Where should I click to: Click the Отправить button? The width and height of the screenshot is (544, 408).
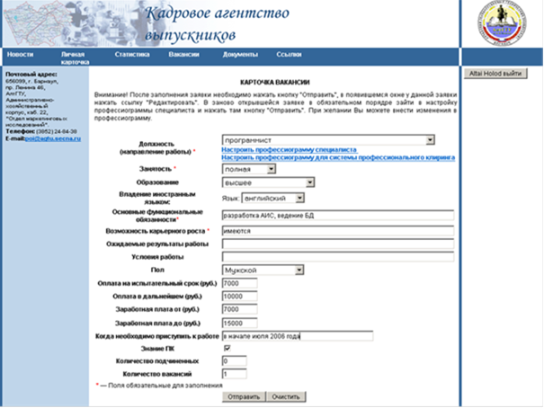(x=242, y=396)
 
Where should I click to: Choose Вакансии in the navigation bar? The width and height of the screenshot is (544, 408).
(x=183, y=55)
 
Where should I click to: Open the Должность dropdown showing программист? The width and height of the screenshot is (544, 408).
(x=328, y=140)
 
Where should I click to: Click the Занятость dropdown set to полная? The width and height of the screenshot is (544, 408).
(x=261, y=169)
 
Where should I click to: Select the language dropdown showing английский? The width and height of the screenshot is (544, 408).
(x=273, y=198)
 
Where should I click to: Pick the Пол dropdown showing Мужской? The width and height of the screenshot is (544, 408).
(x=262, y=270)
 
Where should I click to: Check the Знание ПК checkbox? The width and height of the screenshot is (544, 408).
(x=227, y=348)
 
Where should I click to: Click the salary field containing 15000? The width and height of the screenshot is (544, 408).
(x=239, y=323)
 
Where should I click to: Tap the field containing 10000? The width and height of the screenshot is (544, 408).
(x=239, y=297)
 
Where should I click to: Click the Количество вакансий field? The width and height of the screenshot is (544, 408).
(x=233, y=374)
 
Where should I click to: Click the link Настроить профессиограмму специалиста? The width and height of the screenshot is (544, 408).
(x=289, y=150)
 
